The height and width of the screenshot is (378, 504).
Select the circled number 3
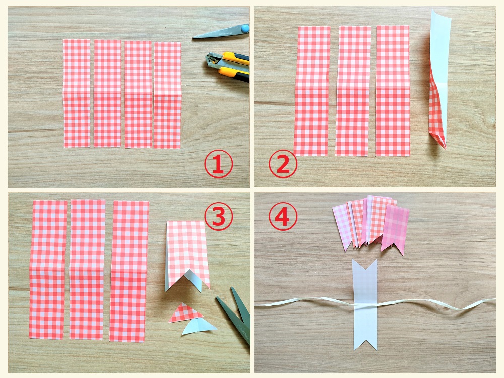point(219,216)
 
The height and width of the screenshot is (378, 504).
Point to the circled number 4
point(283,216)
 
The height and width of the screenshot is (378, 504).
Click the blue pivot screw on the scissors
point(245,28)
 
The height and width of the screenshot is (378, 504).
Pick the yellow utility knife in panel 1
point(228,67)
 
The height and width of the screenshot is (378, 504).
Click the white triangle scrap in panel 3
point(199,327)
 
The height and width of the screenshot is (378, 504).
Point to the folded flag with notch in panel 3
point(187,254)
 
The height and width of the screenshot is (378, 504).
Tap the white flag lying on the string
point(365,304)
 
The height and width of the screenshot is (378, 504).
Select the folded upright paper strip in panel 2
point(439,79)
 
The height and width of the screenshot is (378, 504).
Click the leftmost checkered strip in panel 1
point(77,94)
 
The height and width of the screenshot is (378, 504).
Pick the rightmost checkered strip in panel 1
point(167,95)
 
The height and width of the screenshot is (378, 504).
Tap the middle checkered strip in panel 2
point(353,91)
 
